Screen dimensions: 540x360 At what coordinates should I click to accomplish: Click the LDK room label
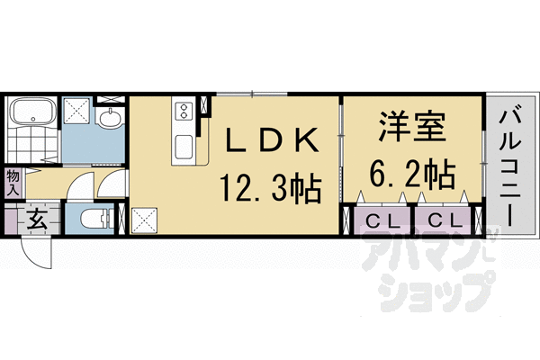click(x=270, y=141)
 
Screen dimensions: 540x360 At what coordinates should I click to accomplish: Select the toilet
click(x=95, y=217)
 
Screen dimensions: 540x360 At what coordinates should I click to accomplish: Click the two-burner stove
click(x=183, y=111)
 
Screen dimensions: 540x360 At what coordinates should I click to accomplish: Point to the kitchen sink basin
click(x=184, y=146)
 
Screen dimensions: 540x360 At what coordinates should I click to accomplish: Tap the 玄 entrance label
click(x=36, y=219)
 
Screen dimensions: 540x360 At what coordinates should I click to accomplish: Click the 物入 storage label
click(x=13, y=183)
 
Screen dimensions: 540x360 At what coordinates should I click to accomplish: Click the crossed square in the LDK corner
click(x=144, y=220)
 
